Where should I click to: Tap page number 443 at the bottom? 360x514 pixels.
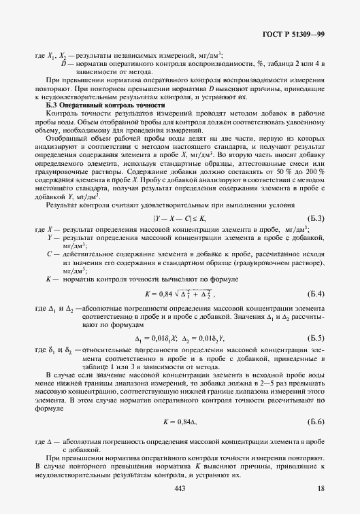tap(180, 490)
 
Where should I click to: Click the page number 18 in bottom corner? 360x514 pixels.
tap(321, 490)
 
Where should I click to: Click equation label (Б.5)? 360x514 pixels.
tap(316, 337)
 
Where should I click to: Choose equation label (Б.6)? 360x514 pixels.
tap(316, 424)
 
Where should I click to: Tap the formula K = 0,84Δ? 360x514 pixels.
tap(180, 424)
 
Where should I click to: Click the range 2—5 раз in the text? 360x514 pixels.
tap(229, 383)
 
